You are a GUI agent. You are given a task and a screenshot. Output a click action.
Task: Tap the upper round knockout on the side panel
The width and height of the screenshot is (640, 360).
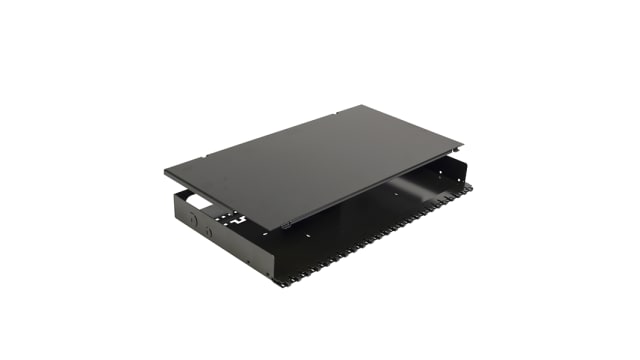tap(191, 215)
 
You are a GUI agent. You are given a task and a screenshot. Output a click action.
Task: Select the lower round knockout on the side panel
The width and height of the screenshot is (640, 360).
tap(209, 232)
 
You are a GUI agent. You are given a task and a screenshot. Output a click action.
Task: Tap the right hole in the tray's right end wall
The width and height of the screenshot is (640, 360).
tap(451, 182)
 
